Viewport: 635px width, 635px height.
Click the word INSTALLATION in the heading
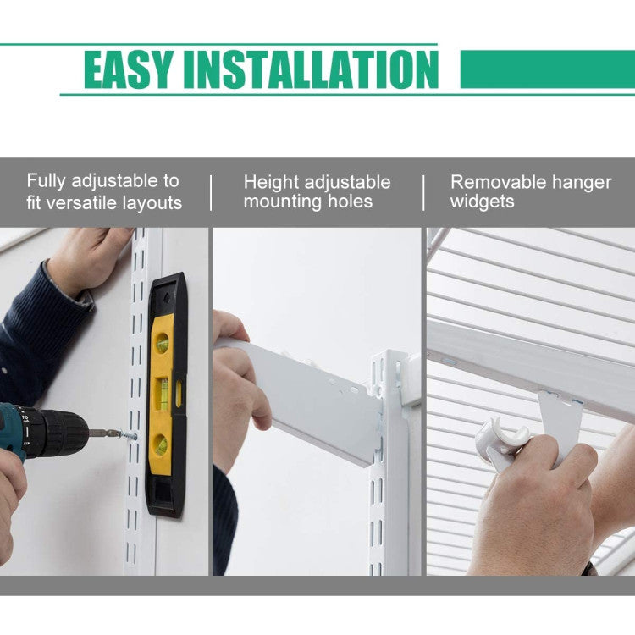point(311,69)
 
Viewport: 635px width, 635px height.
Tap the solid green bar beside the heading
point(548,69)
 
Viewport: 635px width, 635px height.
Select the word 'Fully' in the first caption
point(46,181)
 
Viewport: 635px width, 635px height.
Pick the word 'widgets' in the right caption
point(483,202)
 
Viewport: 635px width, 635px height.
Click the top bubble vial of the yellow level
point(162,343)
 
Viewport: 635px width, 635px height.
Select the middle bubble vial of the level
point(163,393)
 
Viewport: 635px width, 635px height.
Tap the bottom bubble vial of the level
point(161,444)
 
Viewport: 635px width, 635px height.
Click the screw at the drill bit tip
point(127,436)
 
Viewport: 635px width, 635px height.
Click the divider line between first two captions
point(211,193)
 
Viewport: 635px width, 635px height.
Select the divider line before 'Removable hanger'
point(423,193)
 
